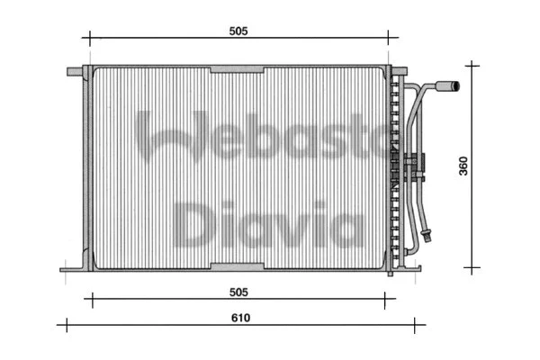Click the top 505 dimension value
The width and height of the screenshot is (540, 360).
tap(238, 31)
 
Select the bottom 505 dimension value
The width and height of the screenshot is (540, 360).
tap(238, 292)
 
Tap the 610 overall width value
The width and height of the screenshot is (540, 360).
tap(240, 318)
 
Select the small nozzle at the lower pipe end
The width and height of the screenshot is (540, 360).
tap(431, 238)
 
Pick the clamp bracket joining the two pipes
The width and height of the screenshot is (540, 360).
tap(413, 166)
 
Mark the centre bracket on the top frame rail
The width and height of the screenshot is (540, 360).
tap(237, 68)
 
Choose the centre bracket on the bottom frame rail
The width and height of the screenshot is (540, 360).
tap(237, 266)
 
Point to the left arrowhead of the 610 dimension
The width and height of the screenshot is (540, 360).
tap(61, 325)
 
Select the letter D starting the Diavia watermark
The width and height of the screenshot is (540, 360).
tap(193, 224)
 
